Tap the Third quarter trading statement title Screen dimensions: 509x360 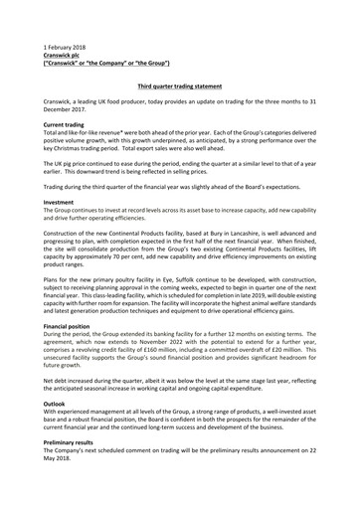(x=180, y=87)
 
